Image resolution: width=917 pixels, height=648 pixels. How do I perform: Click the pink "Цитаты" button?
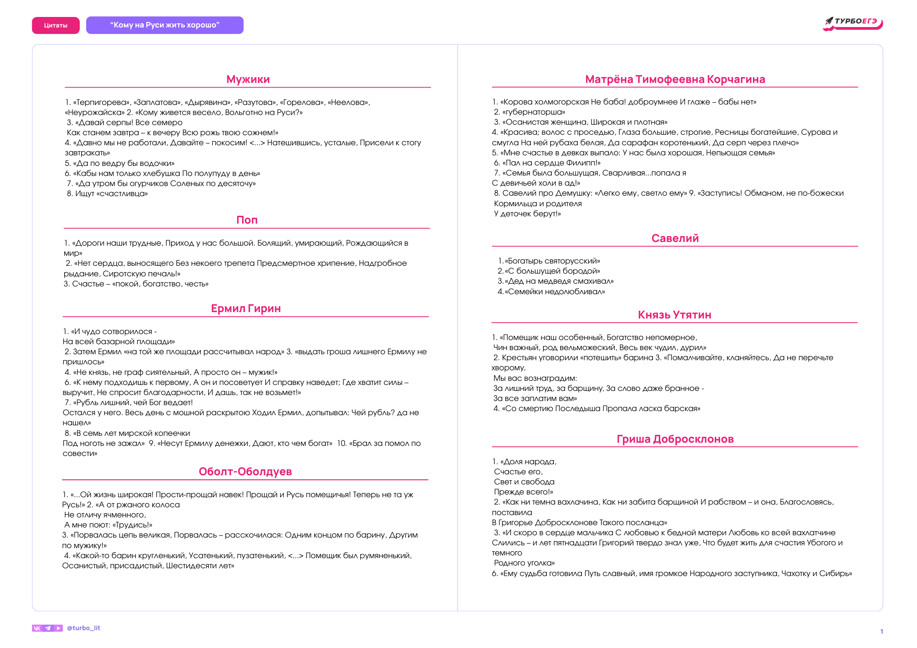tap(55, 25)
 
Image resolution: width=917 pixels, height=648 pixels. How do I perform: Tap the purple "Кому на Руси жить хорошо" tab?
tap(165, 25)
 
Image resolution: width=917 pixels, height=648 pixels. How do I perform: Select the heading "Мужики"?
tap(248, 79)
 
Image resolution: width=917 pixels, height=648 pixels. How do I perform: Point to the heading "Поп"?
tap(247, 220)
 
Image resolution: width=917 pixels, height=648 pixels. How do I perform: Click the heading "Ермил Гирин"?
tap(246, 308)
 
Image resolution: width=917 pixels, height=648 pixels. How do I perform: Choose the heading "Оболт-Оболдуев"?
tap(245, 472)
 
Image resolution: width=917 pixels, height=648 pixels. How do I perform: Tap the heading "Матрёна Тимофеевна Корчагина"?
tap(675, 79)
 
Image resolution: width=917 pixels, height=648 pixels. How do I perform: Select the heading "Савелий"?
tap(675, 238)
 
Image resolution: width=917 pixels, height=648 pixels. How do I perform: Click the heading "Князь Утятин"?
tap(674, 315)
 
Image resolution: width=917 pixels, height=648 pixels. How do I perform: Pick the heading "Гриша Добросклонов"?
tap(675, 439)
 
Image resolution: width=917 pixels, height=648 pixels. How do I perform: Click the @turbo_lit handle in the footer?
tap(83, 628)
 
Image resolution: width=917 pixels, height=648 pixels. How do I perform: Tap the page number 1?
tap(881, 632)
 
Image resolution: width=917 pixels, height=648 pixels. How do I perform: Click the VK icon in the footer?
tap(37, 628)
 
